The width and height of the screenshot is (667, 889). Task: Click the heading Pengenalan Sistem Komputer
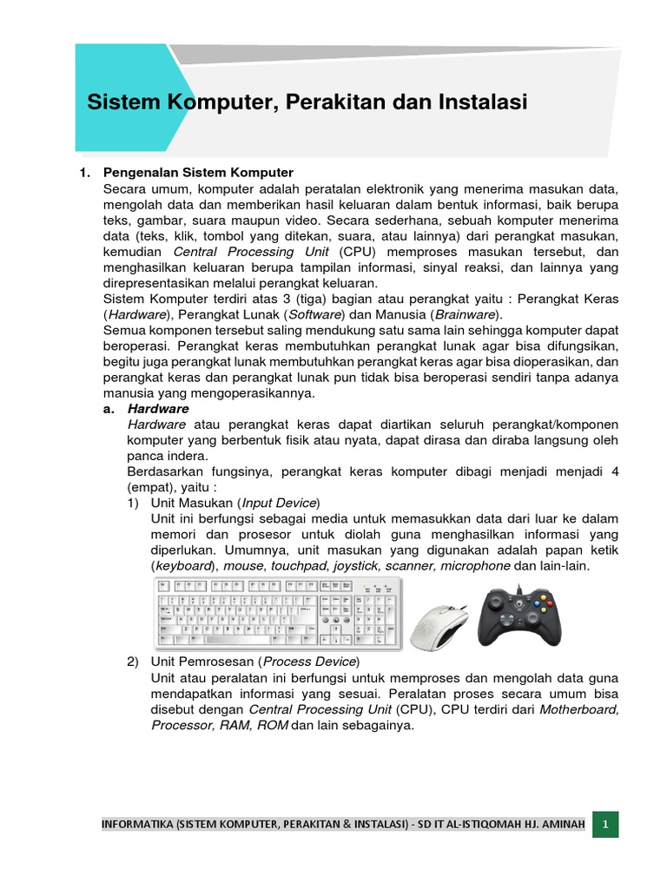(198, 173)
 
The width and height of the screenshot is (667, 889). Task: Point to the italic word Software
(318, 314)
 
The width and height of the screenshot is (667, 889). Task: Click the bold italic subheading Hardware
(158, 408)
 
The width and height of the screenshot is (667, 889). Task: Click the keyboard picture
(278, 613)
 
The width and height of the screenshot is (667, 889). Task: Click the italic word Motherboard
(579, 709)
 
